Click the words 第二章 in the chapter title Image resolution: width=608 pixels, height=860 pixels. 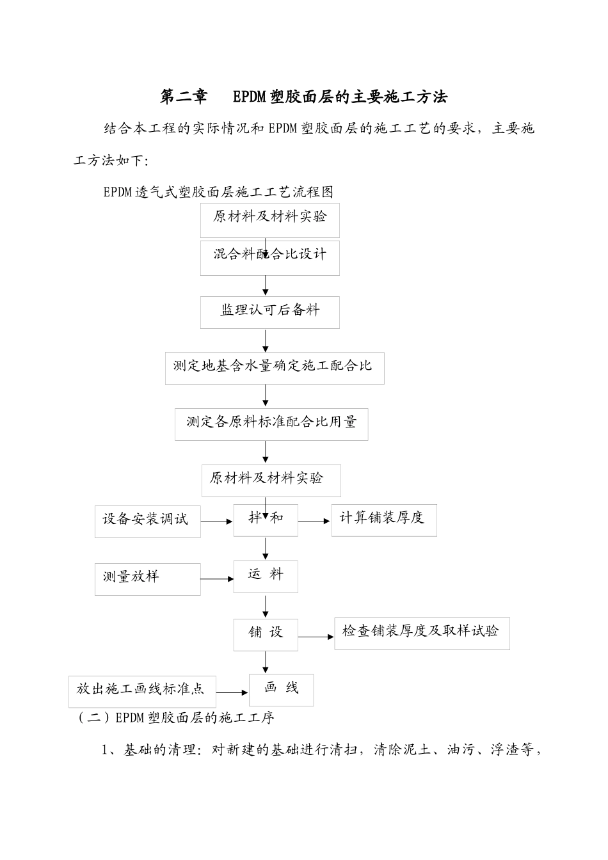[184, 97]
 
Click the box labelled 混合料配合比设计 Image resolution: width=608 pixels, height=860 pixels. [269, 258]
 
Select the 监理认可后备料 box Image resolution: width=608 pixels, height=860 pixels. [269, 312]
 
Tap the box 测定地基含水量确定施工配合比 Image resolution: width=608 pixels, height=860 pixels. [274, 368]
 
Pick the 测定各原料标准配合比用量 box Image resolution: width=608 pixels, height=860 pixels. [271, 424]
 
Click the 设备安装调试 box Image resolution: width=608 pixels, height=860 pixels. [147, 521]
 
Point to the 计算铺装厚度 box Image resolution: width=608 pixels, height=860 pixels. [383, 520]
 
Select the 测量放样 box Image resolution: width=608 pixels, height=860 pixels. [147, 578]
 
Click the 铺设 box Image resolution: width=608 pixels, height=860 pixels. [265, 634]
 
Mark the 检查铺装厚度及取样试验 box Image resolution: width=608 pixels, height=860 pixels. [421, 633]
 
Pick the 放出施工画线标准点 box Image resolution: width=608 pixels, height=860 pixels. [142, 691]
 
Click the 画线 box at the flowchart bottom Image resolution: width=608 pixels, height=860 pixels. [281, 689]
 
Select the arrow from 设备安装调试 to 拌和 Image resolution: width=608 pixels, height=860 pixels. [217, 522]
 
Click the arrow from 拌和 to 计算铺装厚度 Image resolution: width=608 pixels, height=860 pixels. [314, 522]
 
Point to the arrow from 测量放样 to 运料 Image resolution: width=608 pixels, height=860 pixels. [217, 579]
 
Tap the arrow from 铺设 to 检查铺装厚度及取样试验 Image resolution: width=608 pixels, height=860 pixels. [316, 637]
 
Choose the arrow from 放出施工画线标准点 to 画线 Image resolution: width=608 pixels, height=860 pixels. [232, 692]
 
